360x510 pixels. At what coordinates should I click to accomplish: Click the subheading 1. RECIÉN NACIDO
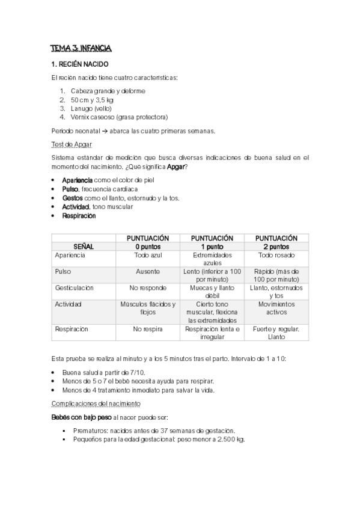80,64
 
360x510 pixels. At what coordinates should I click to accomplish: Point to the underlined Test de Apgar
71,144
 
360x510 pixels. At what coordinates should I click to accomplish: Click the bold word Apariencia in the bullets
78,180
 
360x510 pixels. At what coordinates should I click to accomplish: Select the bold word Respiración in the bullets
79,215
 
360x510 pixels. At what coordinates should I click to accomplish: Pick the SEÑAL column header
84,247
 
